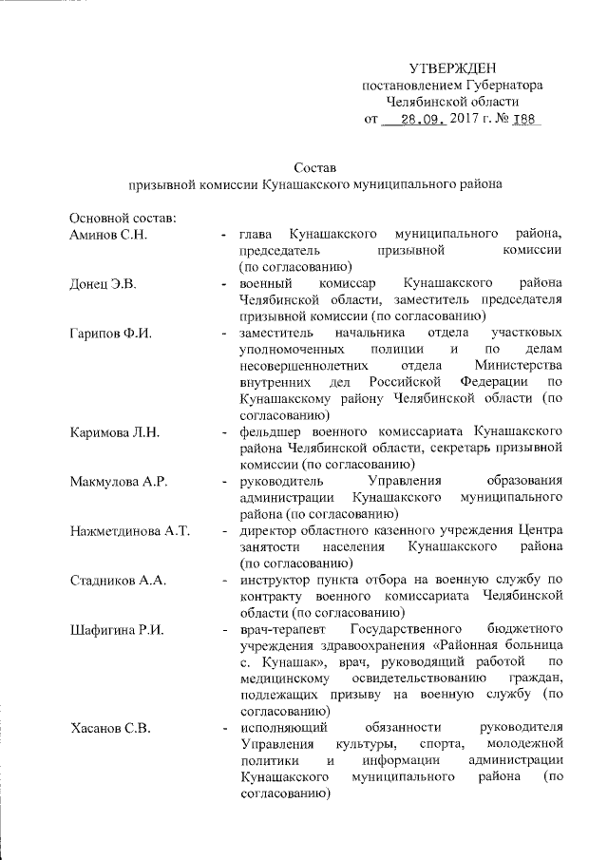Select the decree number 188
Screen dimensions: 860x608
pos(523,121)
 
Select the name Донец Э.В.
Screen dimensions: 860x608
pos(104,283)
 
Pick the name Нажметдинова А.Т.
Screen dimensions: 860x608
pos(131,532)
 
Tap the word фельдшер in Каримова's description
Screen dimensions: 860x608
pos(273,433)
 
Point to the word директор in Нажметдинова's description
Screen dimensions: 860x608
pos(270,532)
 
